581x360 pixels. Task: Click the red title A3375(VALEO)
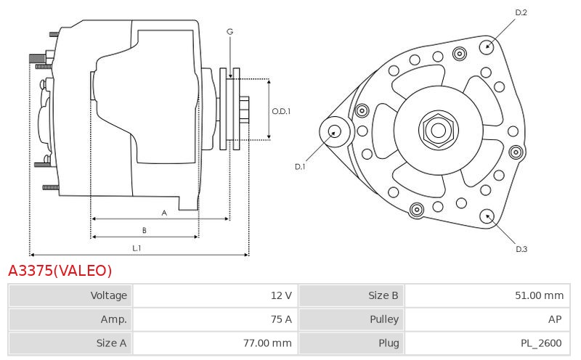(x=60, y=271)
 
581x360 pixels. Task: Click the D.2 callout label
(x=521, y=12)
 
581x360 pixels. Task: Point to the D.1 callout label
(x=300, y=167)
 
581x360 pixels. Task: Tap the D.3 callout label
(x=521, y=249)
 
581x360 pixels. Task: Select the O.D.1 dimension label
(x=281, y=111)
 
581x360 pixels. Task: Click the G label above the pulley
(x=229, y=32)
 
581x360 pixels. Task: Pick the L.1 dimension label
(x=137, y=248)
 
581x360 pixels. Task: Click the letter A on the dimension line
(x=164, y=213)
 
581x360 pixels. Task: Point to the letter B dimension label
(x=144, y=230)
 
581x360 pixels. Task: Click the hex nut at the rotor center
(x=439, y=130)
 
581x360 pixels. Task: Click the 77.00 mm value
(x=267, y=343)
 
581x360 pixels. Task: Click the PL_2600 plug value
(x=541, y=343)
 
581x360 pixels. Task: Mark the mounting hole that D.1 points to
(x=335, y=131)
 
